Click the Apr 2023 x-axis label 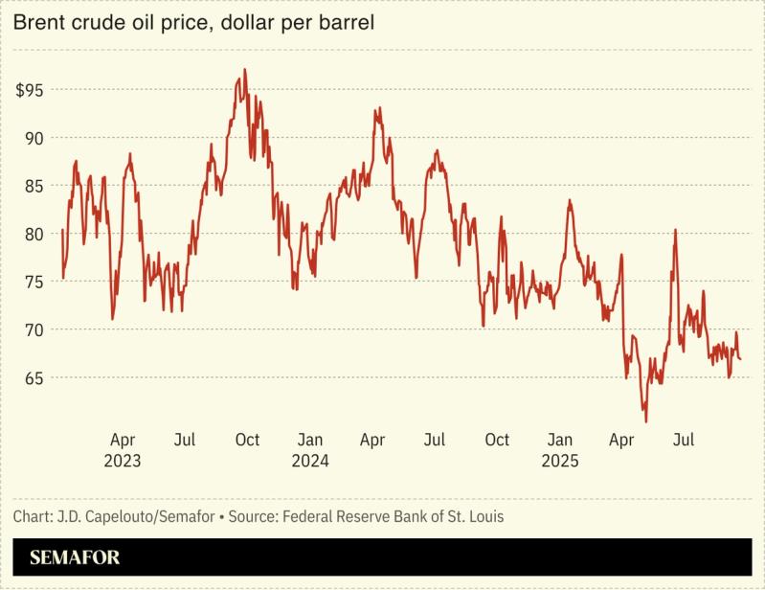click(x=123, y=449)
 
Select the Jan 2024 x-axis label click(x=310, y=449)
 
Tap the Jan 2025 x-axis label click(x=560, y=449)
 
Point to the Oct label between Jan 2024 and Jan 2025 click(x=497, y=440)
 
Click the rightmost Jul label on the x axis click(x=684, y=440)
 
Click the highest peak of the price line click(x=245, y=69)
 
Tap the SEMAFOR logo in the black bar click(x=75, y=557)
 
